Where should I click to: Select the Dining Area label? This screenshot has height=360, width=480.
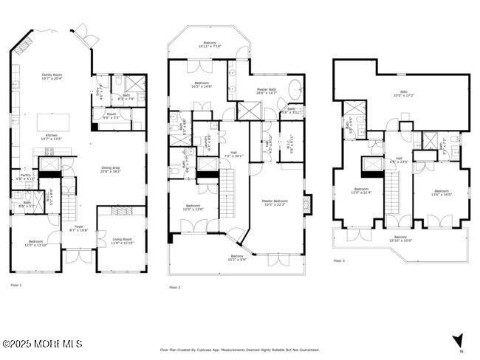111,169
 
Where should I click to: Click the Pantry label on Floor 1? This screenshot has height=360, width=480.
25,176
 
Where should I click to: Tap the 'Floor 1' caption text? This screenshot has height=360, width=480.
16,284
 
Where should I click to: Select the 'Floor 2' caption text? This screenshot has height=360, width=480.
174,287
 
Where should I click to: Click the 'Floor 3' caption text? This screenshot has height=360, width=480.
339,261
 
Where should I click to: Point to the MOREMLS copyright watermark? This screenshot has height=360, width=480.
42,344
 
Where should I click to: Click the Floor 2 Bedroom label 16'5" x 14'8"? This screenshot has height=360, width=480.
202,85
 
